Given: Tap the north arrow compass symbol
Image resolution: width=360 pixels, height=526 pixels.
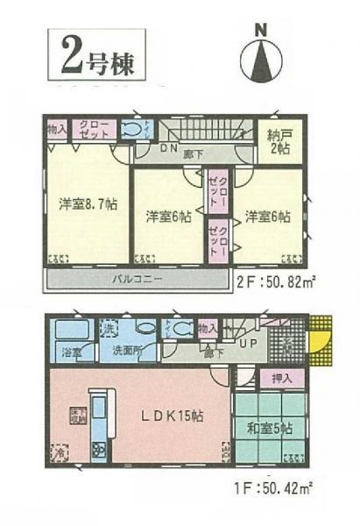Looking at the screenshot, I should click(x=259, y=57).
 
